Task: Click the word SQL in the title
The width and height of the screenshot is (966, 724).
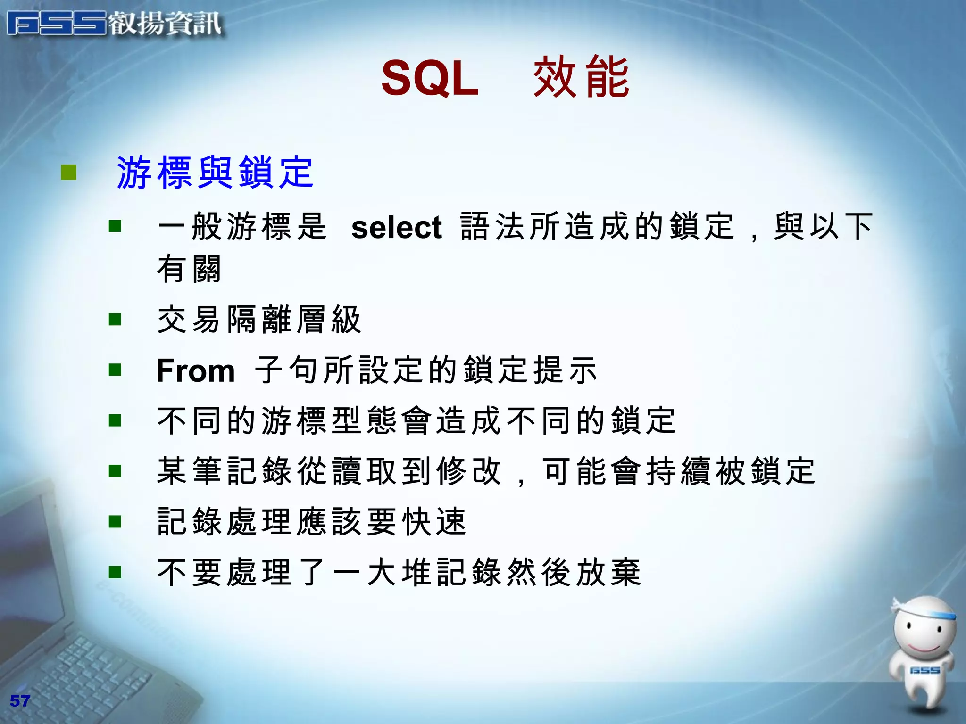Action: [430, 78]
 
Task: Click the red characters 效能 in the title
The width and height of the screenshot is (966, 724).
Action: [581, 77]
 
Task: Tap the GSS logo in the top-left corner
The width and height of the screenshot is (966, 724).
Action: [57, 24]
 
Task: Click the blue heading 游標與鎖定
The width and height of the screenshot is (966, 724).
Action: [215, 173]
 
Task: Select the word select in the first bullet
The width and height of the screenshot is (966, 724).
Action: [396, 228]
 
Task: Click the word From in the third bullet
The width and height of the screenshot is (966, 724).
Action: [196, 371]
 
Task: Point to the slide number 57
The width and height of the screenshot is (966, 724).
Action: [20, 701]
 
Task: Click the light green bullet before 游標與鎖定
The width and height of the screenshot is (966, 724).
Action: [68, 172]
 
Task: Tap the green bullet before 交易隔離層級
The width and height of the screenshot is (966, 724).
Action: [115, 320]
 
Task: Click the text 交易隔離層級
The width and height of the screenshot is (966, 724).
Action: [259, 320]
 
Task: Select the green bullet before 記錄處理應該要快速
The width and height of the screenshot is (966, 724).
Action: [115, 521]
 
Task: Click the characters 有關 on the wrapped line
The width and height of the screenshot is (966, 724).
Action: [189, 269]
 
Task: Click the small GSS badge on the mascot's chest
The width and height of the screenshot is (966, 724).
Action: [924, 670]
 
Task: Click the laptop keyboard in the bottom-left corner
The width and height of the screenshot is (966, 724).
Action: [94, 669]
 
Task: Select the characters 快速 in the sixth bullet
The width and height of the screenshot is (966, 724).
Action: [434, 522]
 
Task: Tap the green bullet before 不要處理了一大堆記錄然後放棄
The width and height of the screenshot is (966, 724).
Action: [115, 572]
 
